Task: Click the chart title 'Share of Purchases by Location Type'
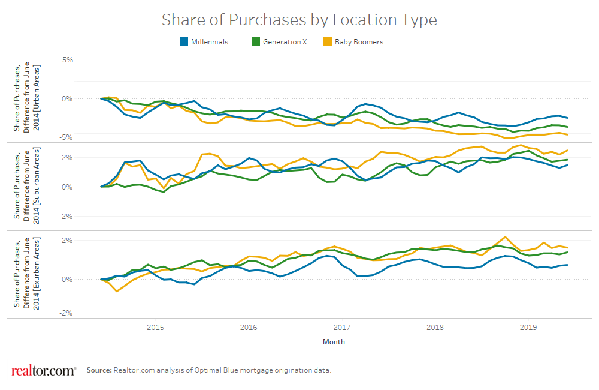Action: [299, 20]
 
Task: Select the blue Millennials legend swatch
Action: [184, 42]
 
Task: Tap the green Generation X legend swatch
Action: [256, 42]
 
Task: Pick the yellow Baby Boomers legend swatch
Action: [328, 42]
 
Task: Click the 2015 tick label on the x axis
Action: [155, 328]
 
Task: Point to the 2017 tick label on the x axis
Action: [341, 328]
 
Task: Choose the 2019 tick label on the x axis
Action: [528, 328]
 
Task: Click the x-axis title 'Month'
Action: [334, 342]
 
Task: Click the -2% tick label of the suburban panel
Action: [66, 217]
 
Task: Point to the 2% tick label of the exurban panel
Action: [67, 241]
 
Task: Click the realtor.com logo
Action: [44, 370]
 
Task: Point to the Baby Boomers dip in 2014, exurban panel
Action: [117, 291]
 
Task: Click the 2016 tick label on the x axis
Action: [248, 328]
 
